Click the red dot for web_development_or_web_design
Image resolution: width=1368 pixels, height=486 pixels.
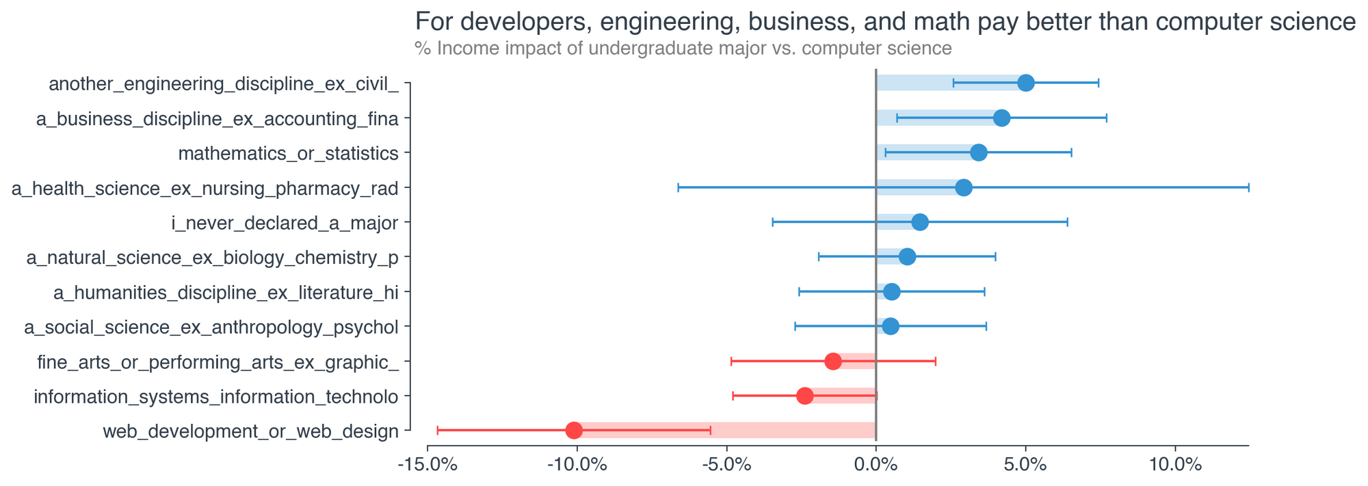[x=574, y=431]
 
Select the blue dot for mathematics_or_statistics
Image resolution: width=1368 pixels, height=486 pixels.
[x=979, y=152]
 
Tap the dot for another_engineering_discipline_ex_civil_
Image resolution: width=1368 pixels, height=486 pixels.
[x=1026, y=83]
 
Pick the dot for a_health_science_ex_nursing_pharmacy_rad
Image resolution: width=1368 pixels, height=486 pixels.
[x=964, y=187]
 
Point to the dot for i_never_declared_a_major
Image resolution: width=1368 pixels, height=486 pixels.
[x=920, y=222]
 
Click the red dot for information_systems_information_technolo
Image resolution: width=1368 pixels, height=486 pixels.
[x=805, y=396]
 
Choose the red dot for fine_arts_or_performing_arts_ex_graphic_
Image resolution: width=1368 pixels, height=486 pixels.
[x=833, y=361]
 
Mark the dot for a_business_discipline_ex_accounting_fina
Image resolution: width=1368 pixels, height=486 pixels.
[x=1001, y=118]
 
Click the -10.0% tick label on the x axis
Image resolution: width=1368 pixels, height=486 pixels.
[x=577, y=465]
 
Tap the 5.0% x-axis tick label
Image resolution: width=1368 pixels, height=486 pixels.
[x=1025, y=465]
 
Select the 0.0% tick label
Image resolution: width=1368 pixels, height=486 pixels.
[x=876, y=465]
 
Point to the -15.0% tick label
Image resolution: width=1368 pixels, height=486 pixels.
[x=428, y=465]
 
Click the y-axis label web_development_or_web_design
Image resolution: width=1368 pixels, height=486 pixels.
[x=250, y=431]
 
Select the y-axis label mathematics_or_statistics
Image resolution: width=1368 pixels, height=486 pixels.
[x=288, y=153]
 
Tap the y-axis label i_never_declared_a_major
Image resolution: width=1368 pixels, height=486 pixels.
[x=284, y=223]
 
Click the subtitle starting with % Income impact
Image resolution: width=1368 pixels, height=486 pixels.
[x=683, y=49]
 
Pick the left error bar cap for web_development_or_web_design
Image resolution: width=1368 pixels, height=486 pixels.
[x=438, y=431]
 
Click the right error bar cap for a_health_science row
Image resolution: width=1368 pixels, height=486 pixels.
[x=1248, y=187]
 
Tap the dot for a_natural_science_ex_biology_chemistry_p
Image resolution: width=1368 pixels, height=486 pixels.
[x=907, y=257]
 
